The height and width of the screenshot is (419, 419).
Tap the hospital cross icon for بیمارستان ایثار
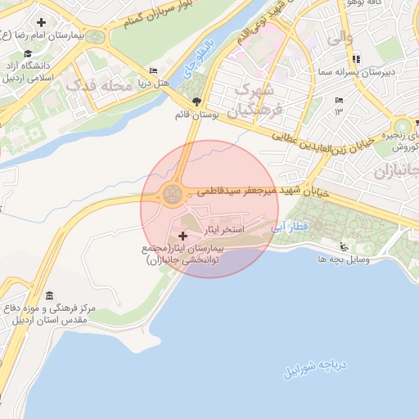point(182,236)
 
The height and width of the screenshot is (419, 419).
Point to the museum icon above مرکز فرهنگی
point(50,295)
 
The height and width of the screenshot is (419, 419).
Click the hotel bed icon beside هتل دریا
point(152,71)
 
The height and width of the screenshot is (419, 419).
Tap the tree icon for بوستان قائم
point(181,102)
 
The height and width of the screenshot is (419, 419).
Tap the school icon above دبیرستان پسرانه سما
point(355,59)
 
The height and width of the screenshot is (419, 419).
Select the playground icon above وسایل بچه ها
point(345,248)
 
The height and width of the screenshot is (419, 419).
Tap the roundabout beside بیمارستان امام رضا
point(97,37)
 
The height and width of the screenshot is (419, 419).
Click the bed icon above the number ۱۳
point(339,101)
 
